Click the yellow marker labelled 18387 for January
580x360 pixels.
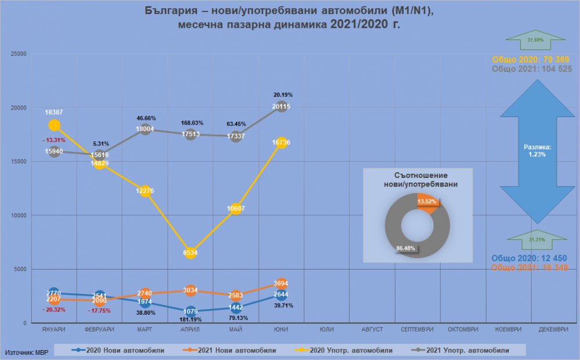(x=55, y=125)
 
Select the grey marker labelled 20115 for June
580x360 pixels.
(x=281, y=107)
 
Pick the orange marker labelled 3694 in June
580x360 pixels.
(x=281, y=283)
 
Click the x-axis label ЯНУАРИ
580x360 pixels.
(x=54, y=329)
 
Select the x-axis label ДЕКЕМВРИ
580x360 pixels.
(x=553, y=329)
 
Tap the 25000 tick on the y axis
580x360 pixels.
(x=20, y=54)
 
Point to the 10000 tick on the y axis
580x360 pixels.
(x=20, y=216)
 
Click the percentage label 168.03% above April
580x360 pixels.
(x=191, y=123)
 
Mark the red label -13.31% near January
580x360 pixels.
(x=54, y=140)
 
